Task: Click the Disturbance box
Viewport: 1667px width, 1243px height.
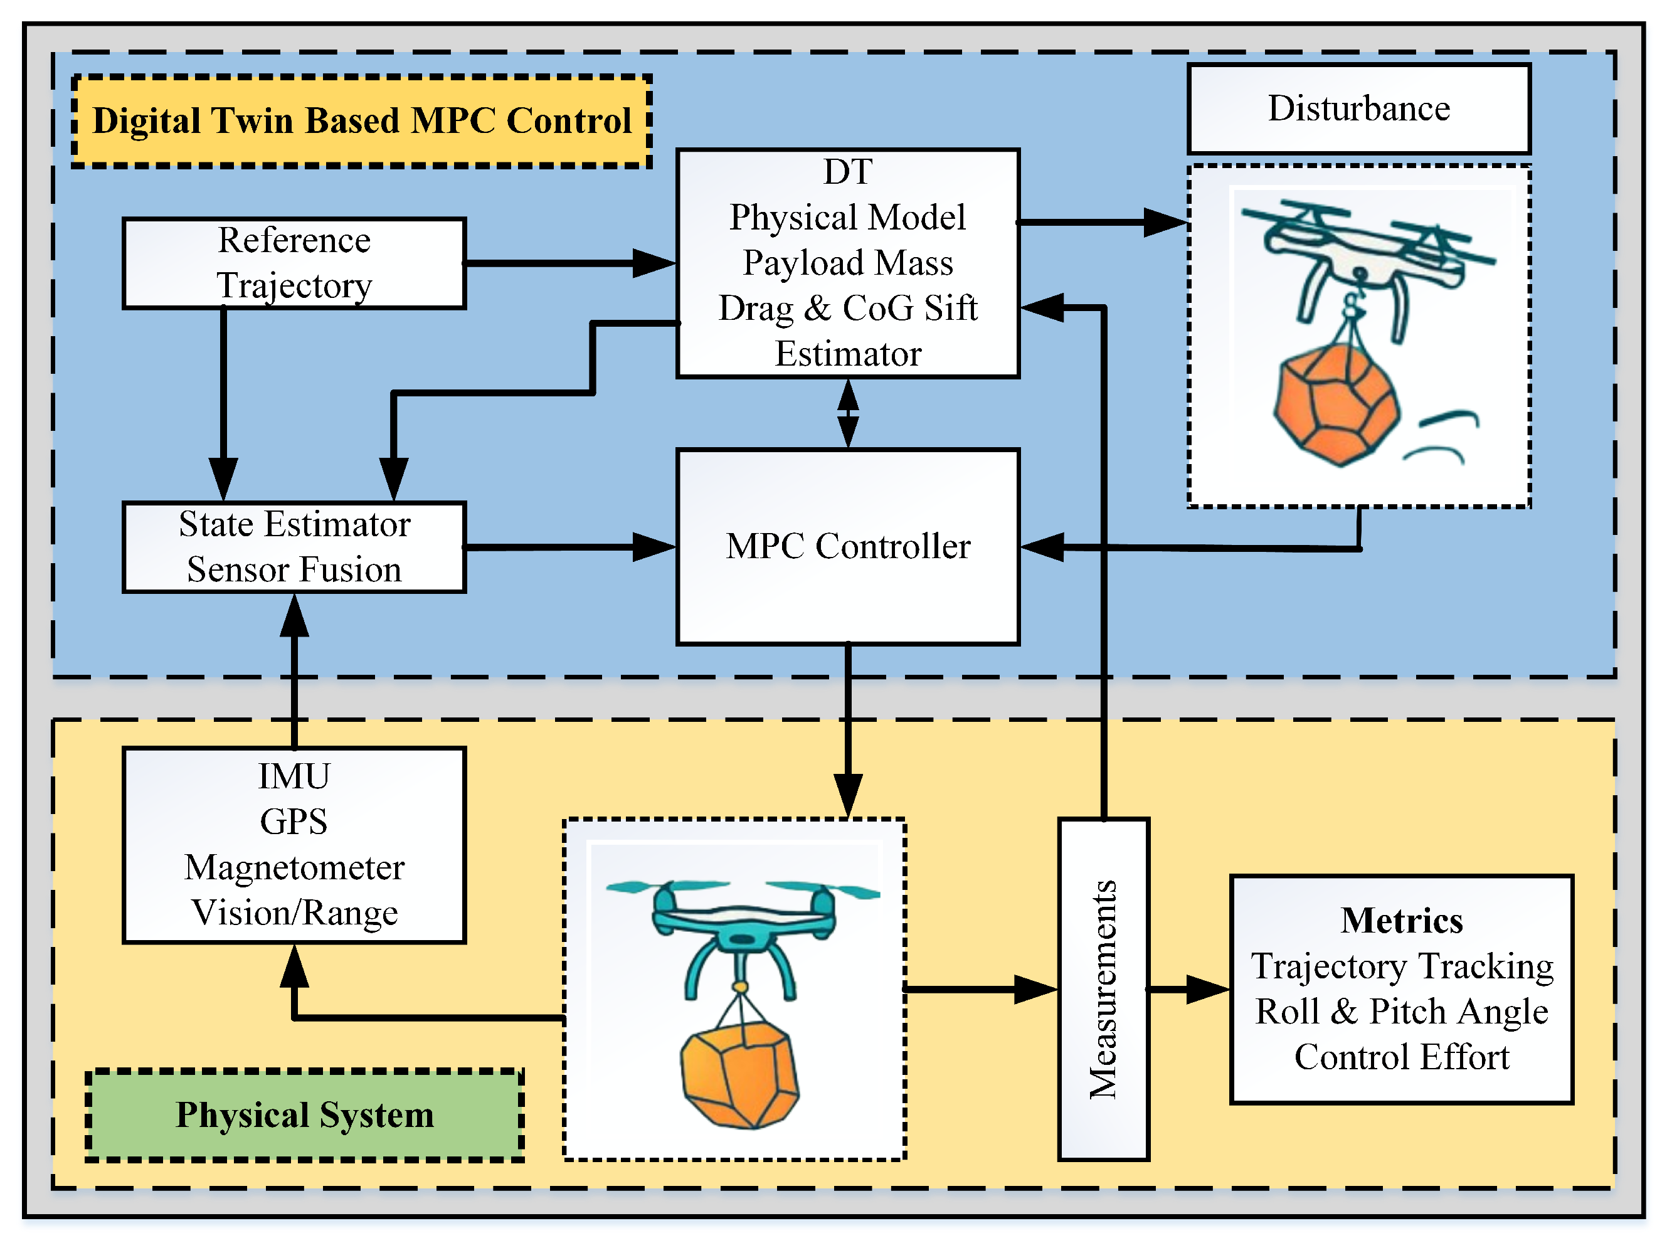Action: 1358,109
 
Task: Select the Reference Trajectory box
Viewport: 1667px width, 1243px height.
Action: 294,263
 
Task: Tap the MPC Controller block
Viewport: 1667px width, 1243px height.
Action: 848,546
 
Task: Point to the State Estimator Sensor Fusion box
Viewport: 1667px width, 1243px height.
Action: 294,547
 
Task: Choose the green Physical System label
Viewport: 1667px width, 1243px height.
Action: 305,1114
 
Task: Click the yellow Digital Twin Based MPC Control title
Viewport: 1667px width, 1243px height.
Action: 362,121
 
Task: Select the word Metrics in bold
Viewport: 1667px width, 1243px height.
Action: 1402,920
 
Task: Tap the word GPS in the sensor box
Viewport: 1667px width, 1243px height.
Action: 294,822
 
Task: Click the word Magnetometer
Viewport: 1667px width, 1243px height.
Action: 294,867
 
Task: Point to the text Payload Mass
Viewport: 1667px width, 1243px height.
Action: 848,263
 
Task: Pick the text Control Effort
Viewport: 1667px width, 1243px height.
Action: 1402,1057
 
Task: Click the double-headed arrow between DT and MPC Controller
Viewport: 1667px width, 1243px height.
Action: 848,413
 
